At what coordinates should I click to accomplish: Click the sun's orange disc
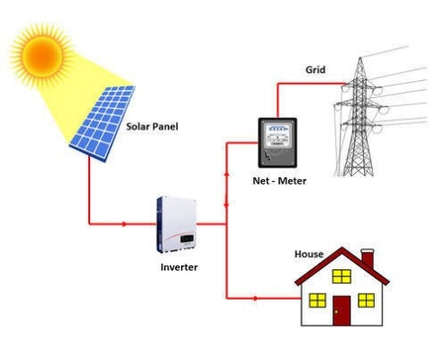tap(42, 56)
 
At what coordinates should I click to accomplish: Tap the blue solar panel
tap(103, 123)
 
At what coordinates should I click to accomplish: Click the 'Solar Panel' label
tap(152, 126)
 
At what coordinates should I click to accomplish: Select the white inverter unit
tap(177, 224)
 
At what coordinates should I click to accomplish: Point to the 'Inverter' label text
tap(179, 267)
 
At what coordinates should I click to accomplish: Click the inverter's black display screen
tap(187, 238)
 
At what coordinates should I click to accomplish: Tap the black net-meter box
tap(278, 142)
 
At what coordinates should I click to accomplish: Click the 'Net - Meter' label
tap(279, 181)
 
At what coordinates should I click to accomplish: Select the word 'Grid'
tap(315, 69)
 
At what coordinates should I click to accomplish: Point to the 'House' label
tap(309, 254)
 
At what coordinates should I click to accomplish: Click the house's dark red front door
tap(341, 310)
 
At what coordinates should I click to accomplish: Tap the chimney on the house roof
tap(368, 258)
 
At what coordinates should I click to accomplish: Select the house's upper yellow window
tap(341, 276)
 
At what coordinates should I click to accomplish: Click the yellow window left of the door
tap(317, 301)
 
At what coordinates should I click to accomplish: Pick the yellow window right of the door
tap(366, 301)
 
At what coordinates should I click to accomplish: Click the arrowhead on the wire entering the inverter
tap(124, 224)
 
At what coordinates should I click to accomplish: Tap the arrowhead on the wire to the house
tap(255, 298)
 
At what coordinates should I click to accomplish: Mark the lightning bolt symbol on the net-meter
tap(267, 157)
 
